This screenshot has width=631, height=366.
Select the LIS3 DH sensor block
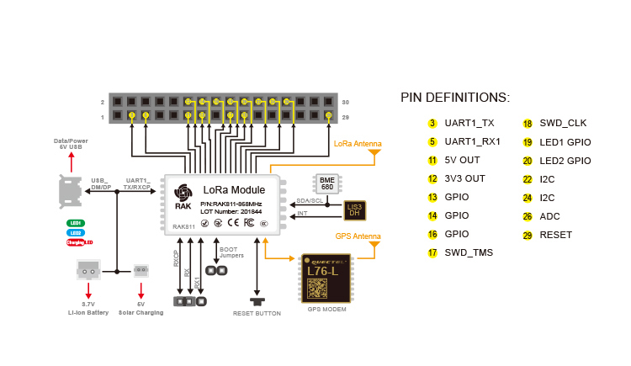355,210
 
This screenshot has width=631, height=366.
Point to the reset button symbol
257,300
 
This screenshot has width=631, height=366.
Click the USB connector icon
69,191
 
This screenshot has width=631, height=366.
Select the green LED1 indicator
76,223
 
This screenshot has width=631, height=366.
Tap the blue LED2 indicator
76,232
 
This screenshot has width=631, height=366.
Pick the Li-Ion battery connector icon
87,269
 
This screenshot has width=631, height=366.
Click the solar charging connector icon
141,270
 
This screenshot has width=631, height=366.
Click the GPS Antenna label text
358,236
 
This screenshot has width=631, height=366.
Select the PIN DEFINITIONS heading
454,98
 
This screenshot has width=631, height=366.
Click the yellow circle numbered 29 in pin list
528,235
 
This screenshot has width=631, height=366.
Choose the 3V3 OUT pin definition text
465,179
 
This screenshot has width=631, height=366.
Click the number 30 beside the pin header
345,102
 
